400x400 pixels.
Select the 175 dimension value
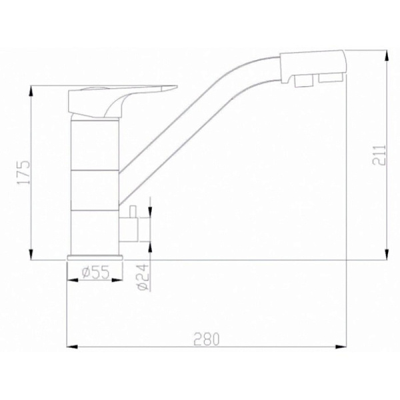coord(25,171)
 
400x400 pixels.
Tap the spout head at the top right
coord(311,65)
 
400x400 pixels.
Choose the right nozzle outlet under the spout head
coord(329,79)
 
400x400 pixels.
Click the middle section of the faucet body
coord(95,190)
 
